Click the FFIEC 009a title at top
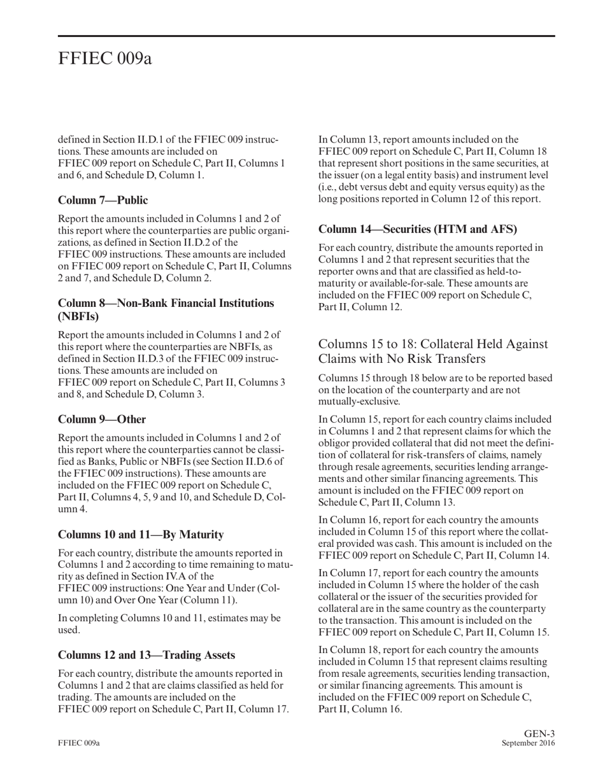coord(105,59)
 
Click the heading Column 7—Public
coord(103,201)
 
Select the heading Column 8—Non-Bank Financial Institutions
coord(166,303)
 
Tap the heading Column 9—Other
coord(102,420)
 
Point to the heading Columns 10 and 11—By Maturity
coord(141,535)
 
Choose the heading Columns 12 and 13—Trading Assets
coord(146,655)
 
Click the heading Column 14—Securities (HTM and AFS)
coord(417,229)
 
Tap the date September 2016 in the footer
coord(528,744)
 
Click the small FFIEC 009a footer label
coord(79,744)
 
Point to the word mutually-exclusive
coord(359,402)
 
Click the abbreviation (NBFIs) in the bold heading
coord(78,316)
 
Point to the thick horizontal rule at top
coord(306,36)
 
